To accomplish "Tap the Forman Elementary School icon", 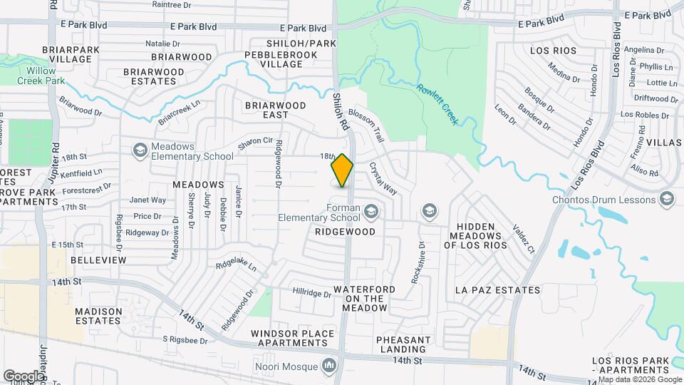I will click(370, 211).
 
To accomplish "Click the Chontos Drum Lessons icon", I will click(667, 197).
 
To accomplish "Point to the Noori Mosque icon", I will click(329, 366).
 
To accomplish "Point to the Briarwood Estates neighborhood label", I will click(154, 76).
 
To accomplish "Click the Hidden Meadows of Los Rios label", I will click(475, 235).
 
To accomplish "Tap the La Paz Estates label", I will click(498, 290).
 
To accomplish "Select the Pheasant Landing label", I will click(401, 344).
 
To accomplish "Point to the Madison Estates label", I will click(98, 316).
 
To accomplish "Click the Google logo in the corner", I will click(23, 376).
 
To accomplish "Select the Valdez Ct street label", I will click(524, 240).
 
